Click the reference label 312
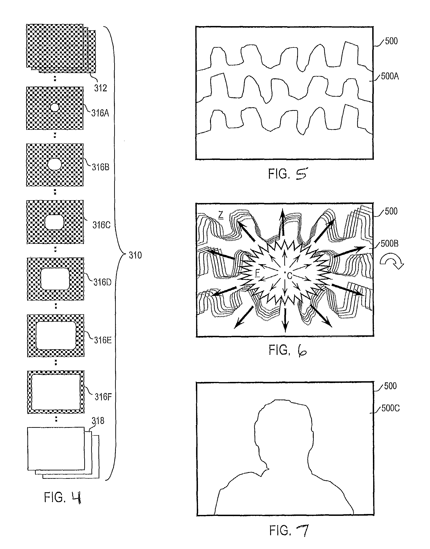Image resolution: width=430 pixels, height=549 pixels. click(x=100, y=88)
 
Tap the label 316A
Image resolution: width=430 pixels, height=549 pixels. click(x=100, y=113)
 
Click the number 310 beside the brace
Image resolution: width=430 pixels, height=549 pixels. click(x=135, y=255)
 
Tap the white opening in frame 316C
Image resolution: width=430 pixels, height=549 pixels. click(x=54, y=222)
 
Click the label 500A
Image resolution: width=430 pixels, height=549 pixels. click(x=390, y=76)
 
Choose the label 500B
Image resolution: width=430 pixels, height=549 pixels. click(x=389, y=243)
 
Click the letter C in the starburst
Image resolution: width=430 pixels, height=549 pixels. click(x=290, y=276)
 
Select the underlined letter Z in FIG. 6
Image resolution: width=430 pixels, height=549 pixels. click(x=221, y=215)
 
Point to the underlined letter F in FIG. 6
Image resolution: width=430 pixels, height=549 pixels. click(x=257, y=273)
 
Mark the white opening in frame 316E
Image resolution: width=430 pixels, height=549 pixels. click(x=56, y=335)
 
